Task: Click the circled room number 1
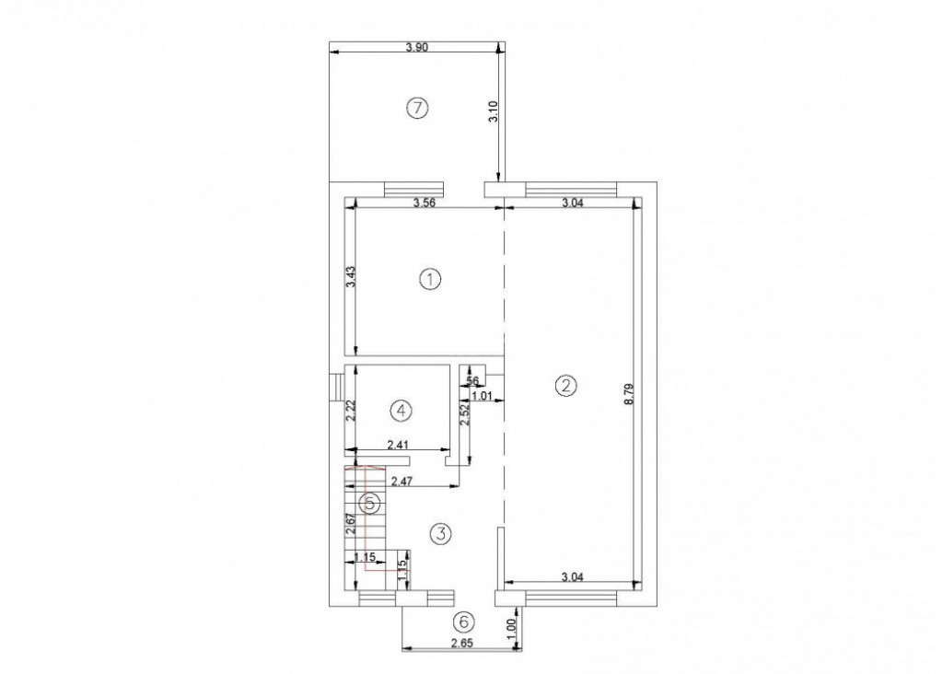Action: click(x=431, y=279)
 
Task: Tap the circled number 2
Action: click(x=565, y=386)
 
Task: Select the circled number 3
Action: click(x=441, y=533)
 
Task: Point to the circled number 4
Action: click(x=402, y=411)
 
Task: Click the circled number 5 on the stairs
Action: click(x=370, y=503)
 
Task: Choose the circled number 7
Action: click(x=417, y=109)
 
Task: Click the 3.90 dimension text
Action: click(x=417, y=48)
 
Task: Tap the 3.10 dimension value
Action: click(x=494, y=112)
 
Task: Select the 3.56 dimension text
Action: click(x=425, y=203)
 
